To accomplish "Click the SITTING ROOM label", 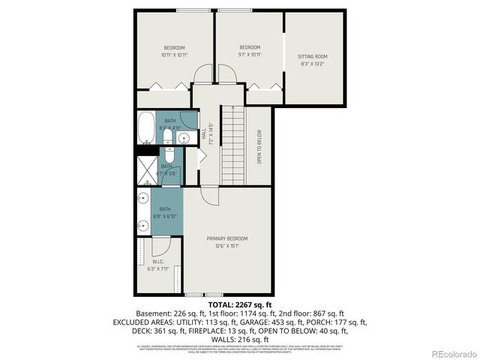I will [313, 56].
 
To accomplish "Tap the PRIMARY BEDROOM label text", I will [227, 238].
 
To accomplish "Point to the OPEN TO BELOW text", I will [259, 147].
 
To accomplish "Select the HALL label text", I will [203, 133].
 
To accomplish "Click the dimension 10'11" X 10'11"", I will [173, 55].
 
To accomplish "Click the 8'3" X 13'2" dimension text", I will [313, 64].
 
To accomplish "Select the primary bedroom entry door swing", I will [209, 196].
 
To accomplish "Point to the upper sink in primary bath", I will [142, 199].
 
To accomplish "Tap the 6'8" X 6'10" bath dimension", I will [166, 217].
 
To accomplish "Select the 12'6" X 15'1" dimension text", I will [227, 245].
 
